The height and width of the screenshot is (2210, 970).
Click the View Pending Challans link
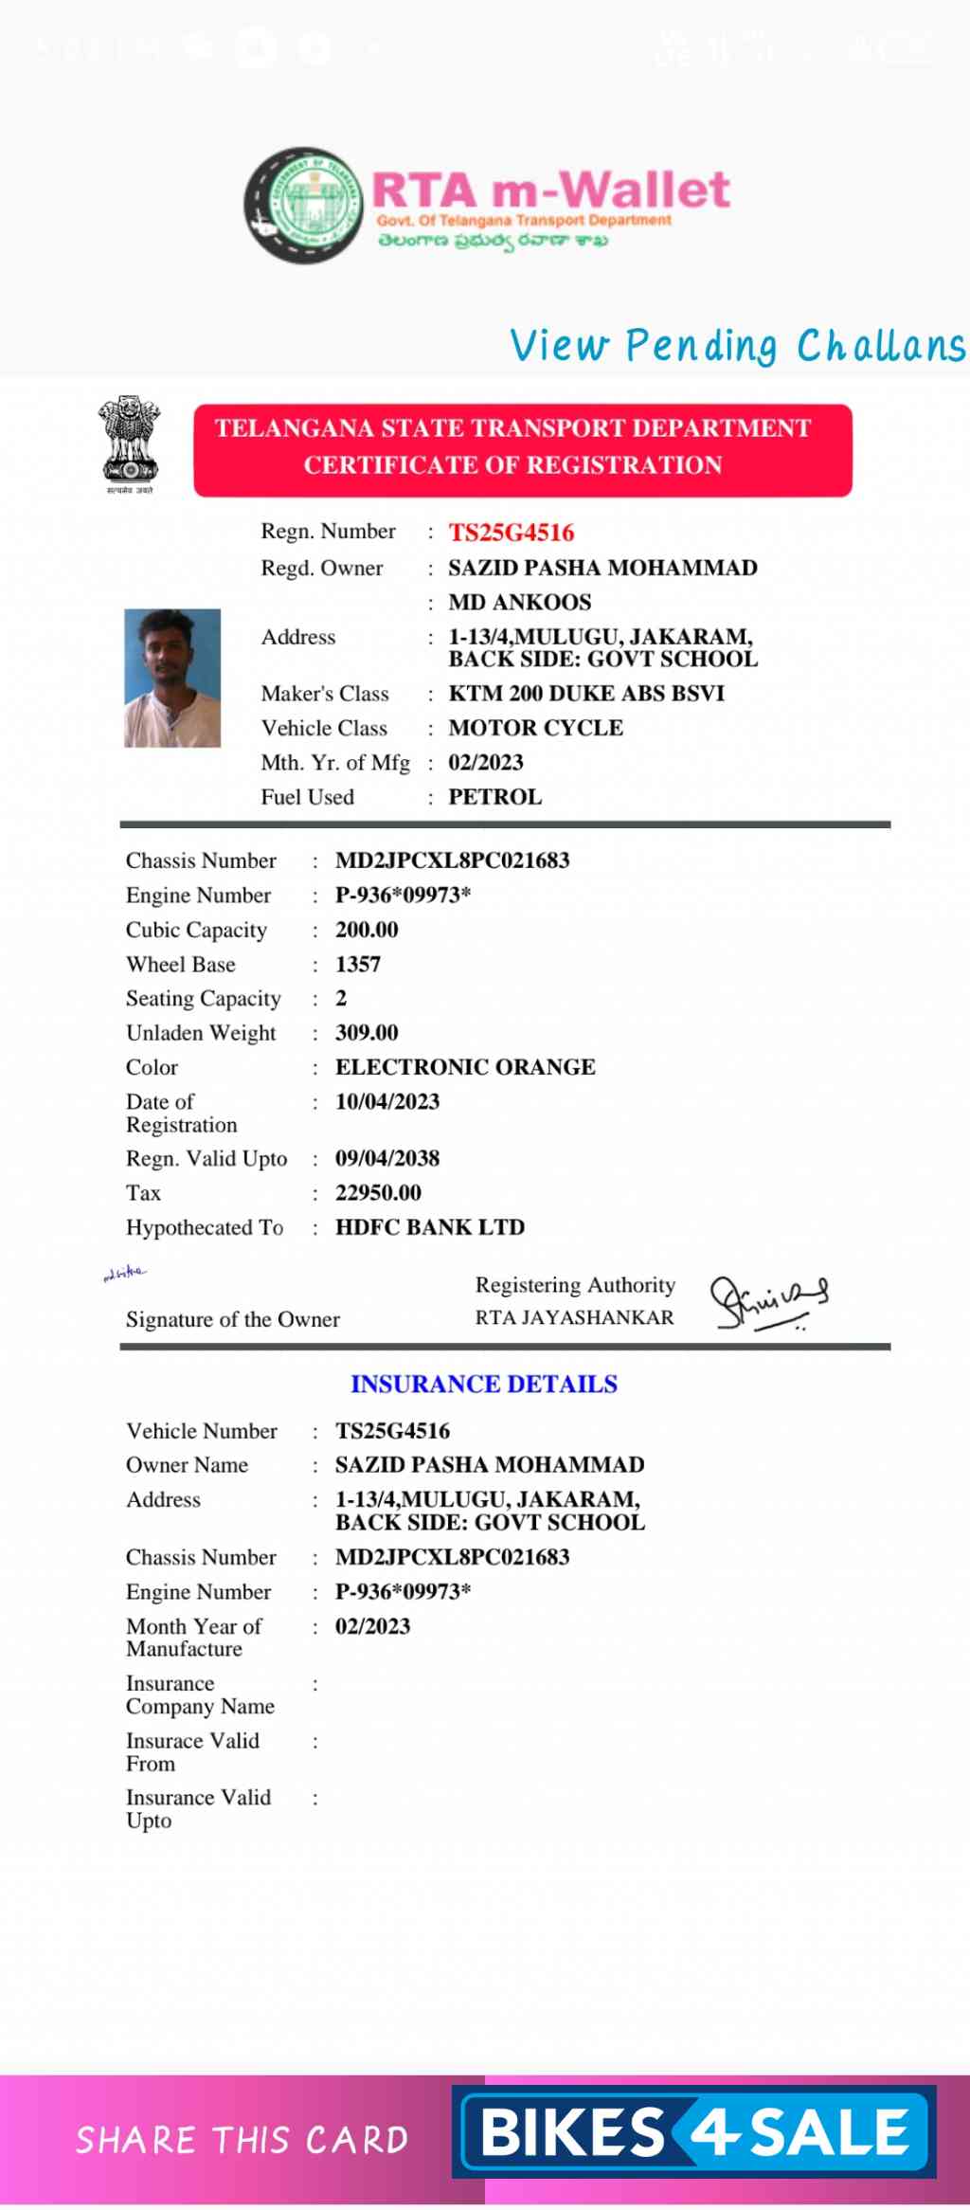click(737, 346)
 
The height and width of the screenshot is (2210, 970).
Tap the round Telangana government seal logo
click(304, 205)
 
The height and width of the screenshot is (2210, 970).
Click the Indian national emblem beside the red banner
click(130, 443)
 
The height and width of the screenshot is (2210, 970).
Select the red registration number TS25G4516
click(511, 533)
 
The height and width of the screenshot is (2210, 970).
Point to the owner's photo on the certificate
click(172, 678)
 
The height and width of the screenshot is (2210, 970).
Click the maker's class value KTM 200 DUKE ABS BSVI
click(586, 694)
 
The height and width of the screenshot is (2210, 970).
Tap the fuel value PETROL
click(494, 797)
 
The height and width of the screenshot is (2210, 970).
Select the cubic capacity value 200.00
click(367, 930)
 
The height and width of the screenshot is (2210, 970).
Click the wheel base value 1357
click(358, 965)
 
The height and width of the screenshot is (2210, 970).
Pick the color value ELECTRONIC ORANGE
click(465, 1067)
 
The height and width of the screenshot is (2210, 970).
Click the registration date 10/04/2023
click(387, 1101)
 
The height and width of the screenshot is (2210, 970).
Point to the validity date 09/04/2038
click(387, 1158)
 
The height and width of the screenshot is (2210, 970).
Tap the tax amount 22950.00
click(378, 1193)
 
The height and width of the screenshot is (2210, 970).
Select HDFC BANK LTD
click(430, 1227)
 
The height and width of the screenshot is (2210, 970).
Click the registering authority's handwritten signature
click(768, 1303)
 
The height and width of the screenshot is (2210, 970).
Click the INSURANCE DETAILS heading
click(484, 1385)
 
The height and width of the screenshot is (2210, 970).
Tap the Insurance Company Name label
click(200, 1694)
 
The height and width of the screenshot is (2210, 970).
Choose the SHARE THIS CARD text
click(242, 2140)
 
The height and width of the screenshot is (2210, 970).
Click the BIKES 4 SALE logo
click(694, 2132)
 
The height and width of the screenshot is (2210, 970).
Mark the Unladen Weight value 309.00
click(367, 1033)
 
